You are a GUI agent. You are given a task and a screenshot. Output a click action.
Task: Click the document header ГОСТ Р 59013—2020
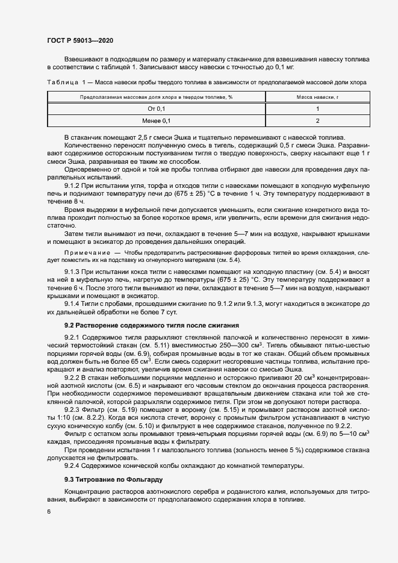79,40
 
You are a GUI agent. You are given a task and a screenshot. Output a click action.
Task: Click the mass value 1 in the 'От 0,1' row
317,109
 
